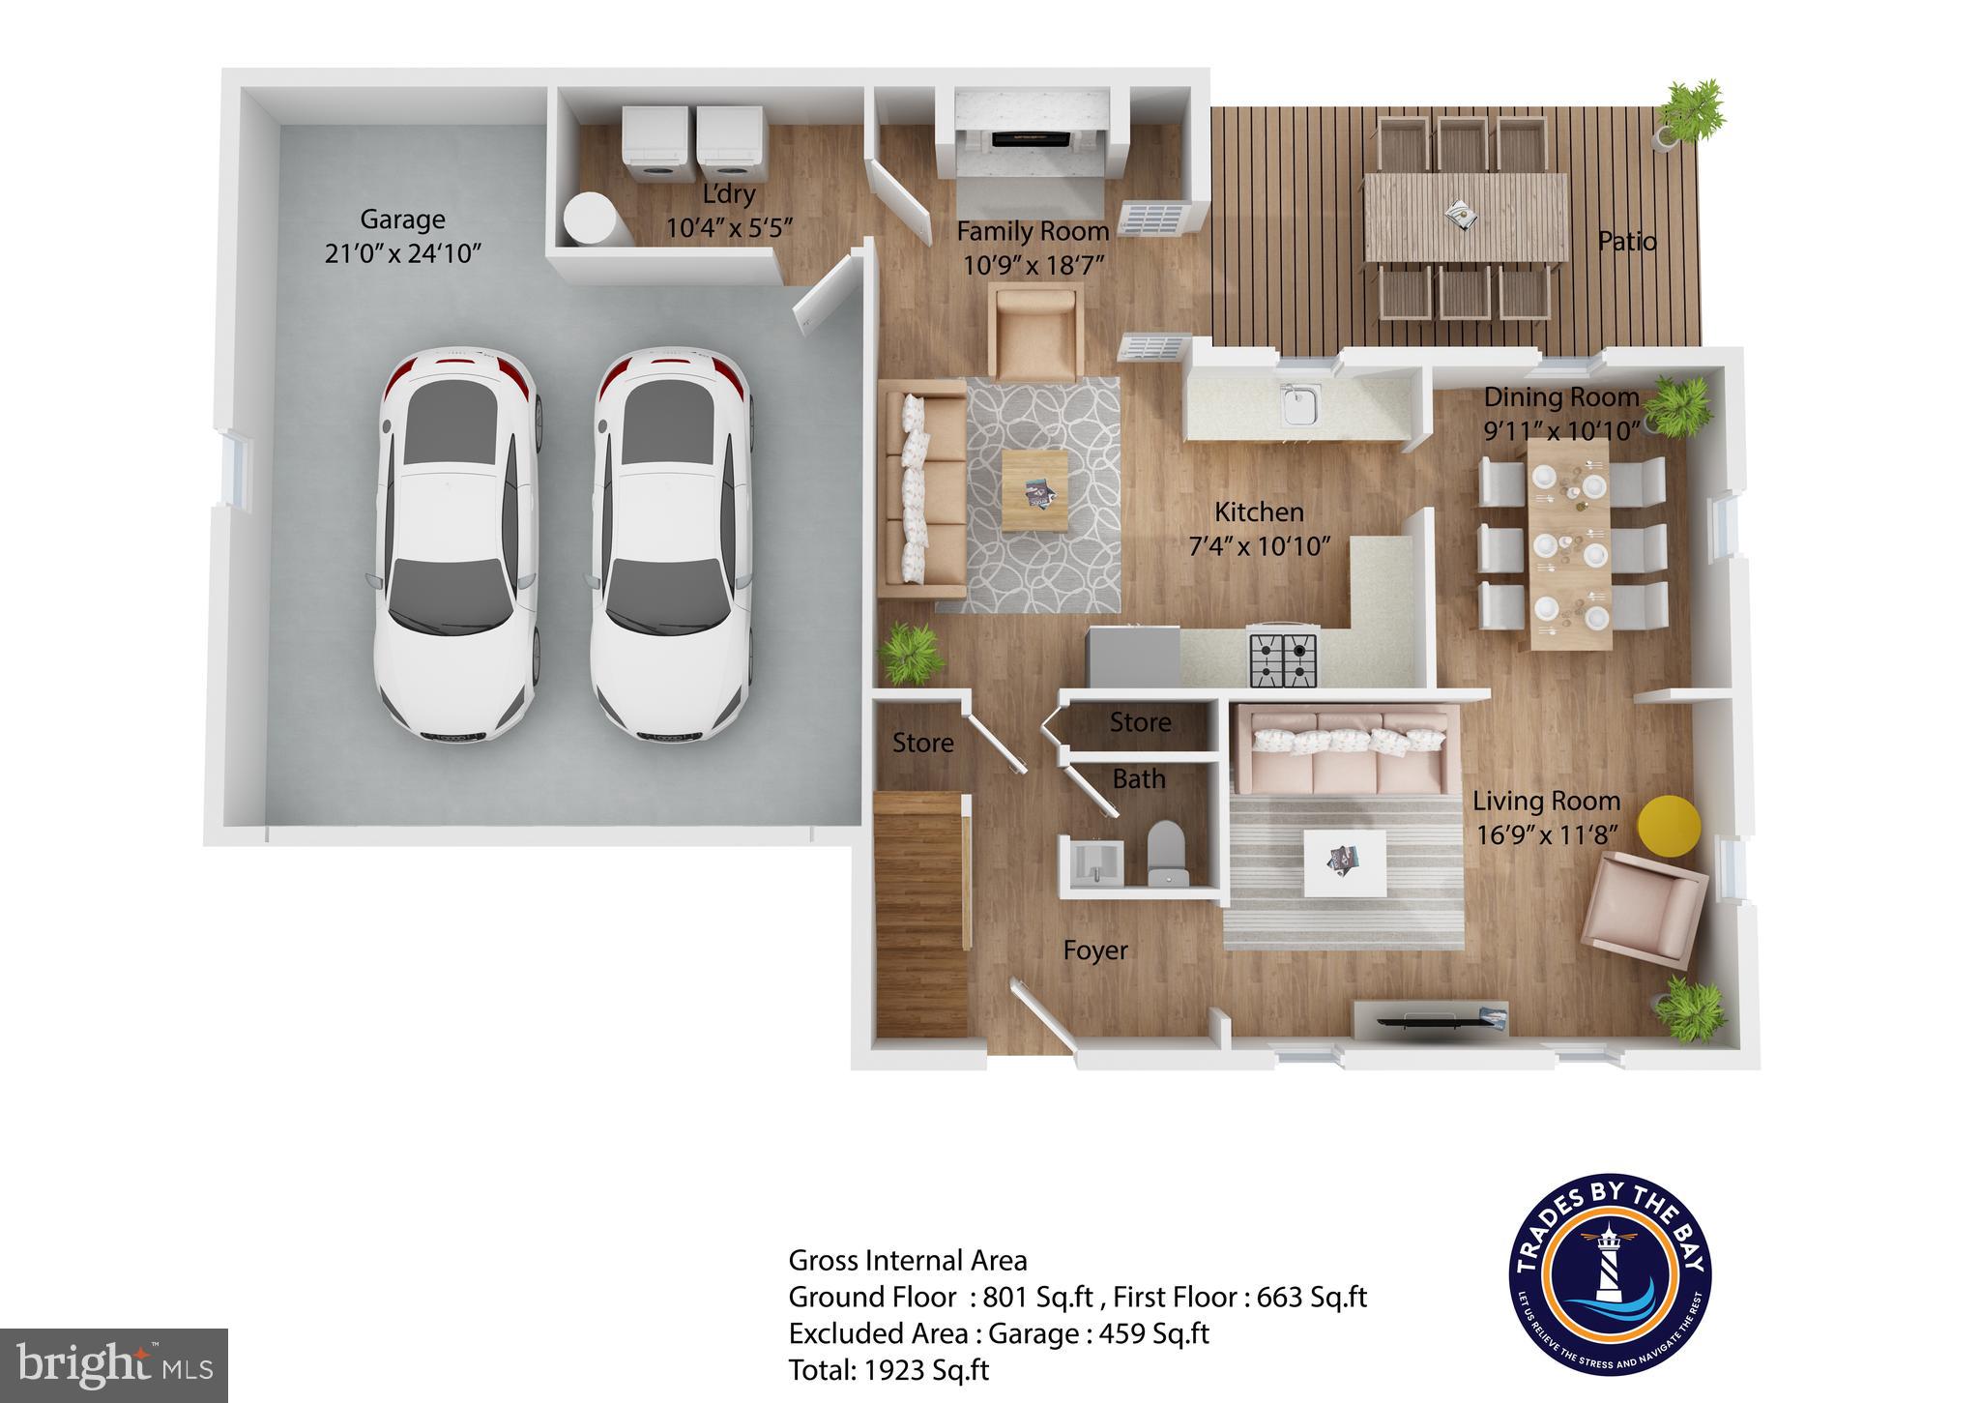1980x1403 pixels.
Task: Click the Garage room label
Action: [x=402, y=219]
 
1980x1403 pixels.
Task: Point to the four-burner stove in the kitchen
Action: [x=1284, y=658]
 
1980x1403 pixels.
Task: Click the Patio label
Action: [x=1627, y=241]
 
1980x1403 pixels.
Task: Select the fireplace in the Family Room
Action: [x=1033, y=138]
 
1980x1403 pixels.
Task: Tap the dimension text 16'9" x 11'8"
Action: [x=1548, y=834]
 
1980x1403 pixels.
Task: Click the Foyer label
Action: [x=1095, y=950]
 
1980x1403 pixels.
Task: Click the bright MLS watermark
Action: [x=114, y=1365]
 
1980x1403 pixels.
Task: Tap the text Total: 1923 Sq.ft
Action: [x=888, y=1370]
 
